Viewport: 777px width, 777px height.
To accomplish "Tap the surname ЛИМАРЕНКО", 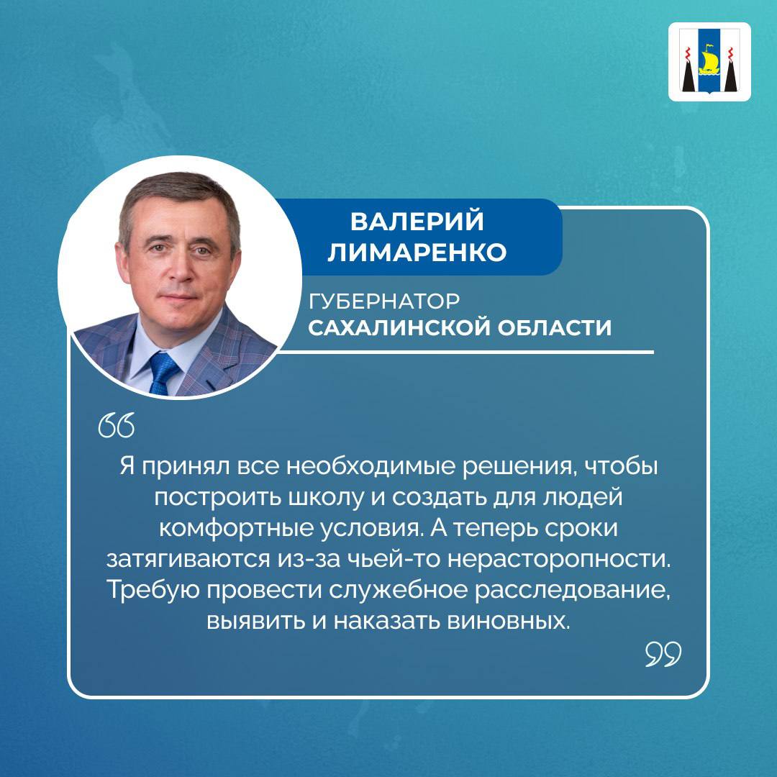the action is (x=417, y=252).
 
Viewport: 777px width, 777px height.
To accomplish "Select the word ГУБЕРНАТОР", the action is (x=384, y=301).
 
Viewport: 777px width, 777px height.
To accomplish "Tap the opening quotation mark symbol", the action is (x=117, y=425).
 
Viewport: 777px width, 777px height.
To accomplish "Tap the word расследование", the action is (x=569, y=590).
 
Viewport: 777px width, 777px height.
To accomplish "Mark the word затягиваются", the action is (x=187, y=560).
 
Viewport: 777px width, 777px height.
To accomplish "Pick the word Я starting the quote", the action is (x=127, y=466).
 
